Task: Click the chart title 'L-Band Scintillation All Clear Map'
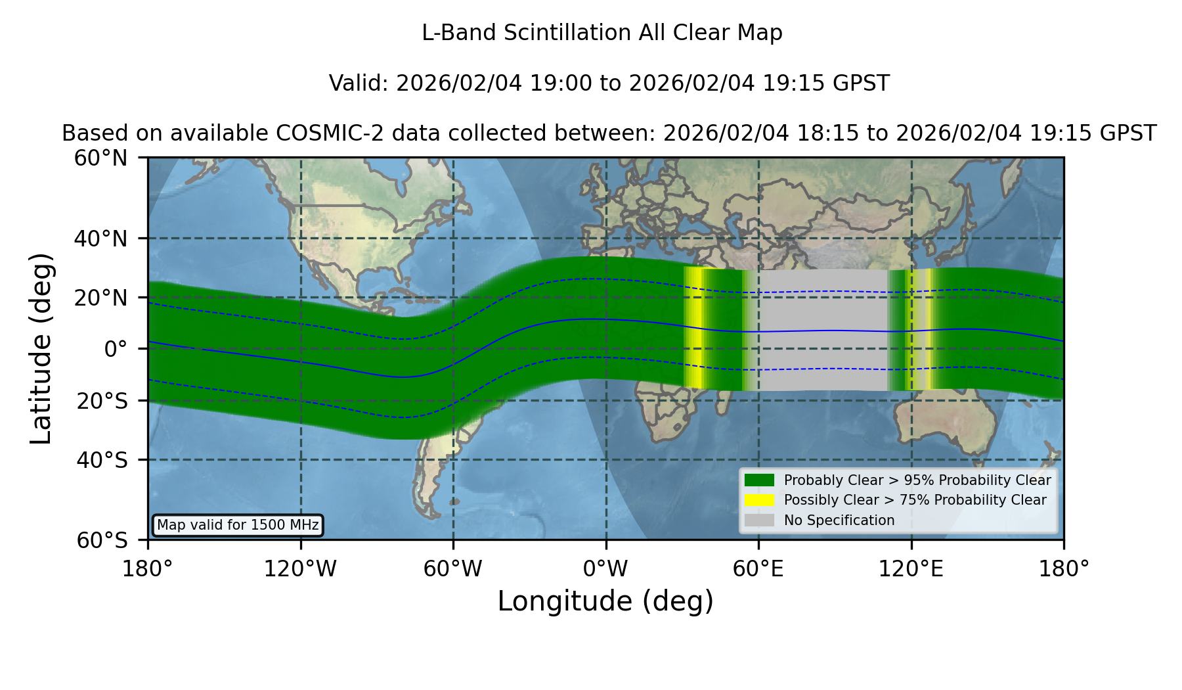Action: click(602, 33)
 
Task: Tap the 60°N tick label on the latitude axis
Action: click(101, 158)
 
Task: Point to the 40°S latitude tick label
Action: click(102, 460)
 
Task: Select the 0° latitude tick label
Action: click(116, 349)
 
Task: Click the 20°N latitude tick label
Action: click(101, 298)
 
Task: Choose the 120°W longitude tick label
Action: click(300, 568)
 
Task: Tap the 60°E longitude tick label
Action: click(758, 568)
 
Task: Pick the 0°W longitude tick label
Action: click(605, 568)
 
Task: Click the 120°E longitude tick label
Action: click(911, 568)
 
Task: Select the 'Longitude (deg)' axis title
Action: click(605, 601)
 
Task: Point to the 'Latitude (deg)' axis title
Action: click(41, 348)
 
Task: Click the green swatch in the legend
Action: click(760, 480)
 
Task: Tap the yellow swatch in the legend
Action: click(760, 500)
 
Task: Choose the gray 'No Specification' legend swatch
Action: click(760, 520)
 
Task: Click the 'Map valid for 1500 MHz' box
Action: click(238, 525)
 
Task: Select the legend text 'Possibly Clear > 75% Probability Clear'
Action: click(915, 500)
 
